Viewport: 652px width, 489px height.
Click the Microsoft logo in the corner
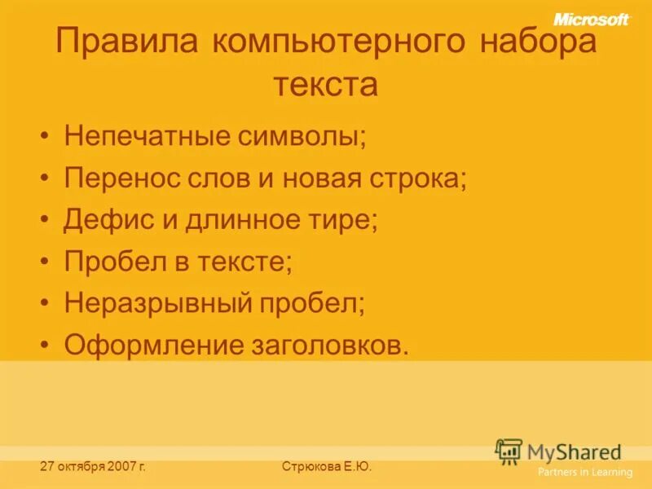(592, 19)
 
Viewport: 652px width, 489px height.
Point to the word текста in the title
(325, 84)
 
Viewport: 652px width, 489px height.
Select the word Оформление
(150, 346)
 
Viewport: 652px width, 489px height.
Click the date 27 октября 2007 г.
(93, 467)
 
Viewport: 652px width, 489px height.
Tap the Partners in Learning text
(584, 472)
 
